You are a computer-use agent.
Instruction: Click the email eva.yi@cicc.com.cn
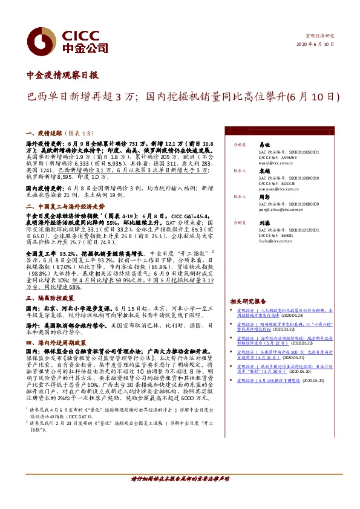[255, 163]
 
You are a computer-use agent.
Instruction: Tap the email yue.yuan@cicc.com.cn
[257, 189]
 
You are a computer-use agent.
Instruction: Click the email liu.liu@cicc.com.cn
[254, 240]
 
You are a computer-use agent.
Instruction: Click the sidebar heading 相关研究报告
[247, 301]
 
